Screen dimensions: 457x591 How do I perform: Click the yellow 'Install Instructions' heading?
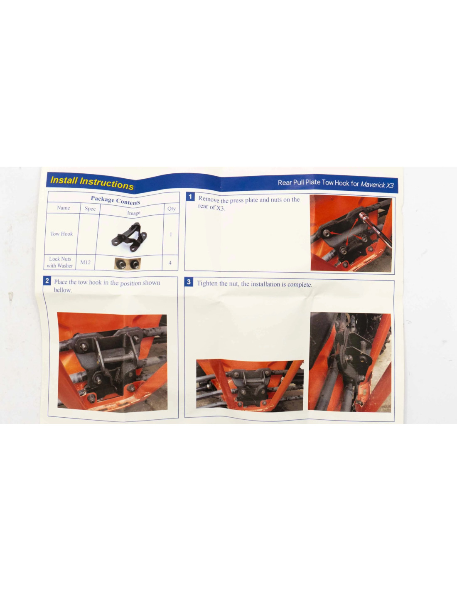(x=92, y=183)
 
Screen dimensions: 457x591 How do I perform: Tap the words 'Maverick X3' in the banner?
(x=377, y=185)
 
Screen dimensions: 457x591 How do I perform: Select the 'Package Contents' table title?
(x=115, y=200)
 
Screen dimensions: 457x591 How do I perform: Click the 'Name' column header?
(x=63, y=208)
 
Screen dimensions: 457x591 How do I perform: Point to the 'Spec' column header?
(x=90, y=209)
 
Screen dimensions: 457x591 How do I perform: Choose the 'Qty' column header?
(x=172, y=209)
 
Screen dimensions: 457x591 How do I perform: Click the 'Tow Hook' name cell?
(x=61, y=234)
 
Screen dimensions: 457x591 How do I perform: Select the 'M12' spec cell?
(x=85, y=262)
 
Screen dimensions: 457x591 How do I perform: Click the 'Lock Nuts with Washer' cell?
(x=60, y=262)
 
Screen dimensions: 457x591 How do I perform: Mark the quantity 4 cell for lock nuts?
(x=170, y=263)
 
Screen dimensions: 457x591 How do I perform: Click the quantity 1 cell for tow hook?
(x=171, y=234)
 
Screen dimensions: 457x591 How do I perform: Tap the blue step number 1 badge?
(x=190, y=196)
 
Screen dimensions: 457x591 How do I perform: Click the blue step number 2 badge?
(x=47, y=281)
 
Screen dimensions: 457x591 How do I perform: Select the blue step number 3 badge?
(x=189, y=282)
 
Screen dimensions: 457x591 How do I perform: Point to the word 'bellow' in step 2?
(x=63, y=290)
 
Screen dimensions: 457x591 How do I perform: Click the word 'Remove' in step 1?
(x=209, y=199)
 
